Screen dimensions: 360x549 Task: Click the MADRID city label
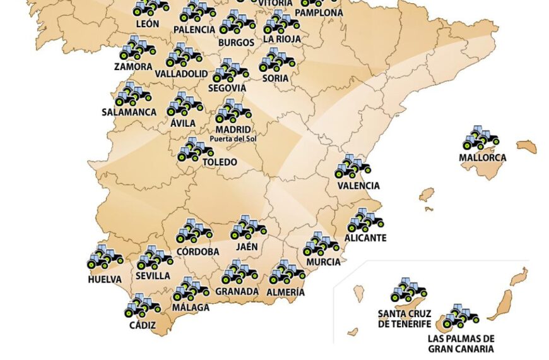click(x=233, y=129)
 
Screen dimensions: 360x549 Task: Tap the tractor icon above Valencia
click(x=352, y=167)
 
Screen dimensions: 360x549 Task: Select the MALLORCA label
click(x=482, y=157)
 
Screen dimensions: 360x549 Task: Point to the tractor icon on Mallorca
click(x=481, y=138)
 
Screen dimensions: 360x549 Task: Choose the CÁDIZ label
click(x=142, y=325)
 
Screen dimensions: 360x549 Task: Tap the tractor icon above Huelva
click(x=105, y=257)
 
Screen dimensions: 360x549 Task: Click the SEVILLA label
click(x=153, y=276)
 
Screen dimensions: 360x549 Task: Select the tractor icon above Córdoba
click(x=194, y=232)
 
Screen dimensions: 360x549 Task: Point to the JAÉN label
click(x=247, y=247)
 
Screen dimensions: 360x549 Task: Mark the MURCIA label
click(x=323, y=262)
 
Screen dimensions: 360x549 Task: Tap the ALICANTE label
click(x=365, y=238)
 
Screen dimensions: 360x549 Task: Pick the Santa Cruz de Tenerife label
click(x=404, y=319)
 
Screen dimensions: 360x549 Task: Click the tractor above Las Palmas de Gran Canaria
click(x=460, y=316)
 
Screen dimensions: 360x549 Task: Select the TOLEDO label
click(x=220, y=162)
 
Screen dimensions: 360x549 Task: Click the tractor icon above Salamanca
click(x=133, y=94)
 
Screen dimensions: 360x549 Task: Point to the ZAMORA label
click(x=133, y=66)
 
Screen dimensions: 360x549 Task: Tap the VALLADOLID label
click(x=181, y=74)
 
